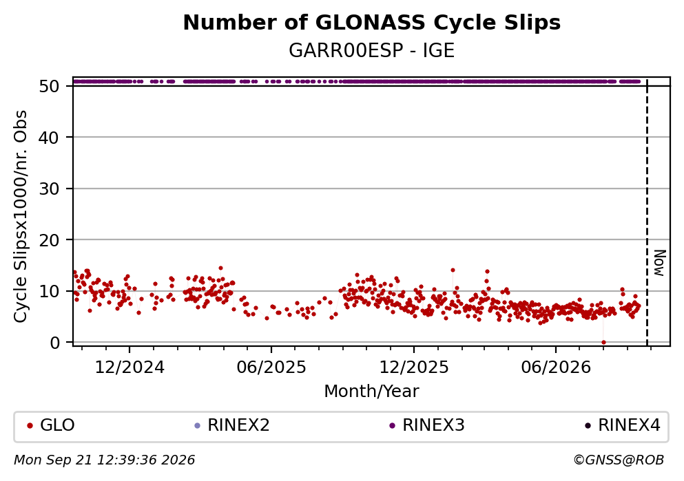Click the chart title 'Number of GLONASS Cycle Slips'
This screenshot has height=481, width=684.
pyautogui.click(x=372, y=23)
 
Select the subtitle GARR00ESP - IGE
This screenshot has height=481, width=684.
pyautogui.click(x=372, y=50)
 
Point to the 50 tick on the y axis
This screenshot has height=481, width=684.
pyautogui.click(x=49, y=86)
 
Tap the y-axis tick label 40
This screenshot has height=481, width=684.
pyautogui.click(x=49, y=138)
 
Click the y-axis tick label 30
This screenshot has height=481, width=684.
pyautogui.click(x=49, y=189)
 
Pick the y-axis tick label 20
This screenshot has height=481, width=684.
pyautogui.click(x=49, y=240)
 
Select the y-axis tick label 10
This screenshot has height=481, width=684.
pyautogui.click(x=49, y=292)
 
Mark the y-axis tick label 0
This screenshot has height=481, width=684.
pyautogui.click(x=54, y=343)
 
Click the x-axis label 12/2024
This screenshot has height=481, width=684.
pyautogui.click(x=129, y=367)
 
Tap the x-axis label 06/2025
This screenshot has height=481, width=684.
pyautogui.click(x=271, y=367)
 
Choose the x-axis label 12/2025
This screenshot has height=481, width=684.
pyautogui.click(x=413, y=367)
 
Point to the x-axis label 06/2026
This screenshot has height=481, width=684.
pyautogui.click(x=556, y=367)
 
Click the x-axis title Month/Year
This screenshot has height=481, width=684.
pyautogui.click(x=372, y=392)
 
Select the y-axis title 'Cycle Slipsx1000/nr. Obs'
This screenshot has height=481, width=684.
pyautogui.click(x=21, y=217)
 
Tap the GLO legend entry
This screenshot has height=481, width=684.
pyautogui.click(x=51, y=425)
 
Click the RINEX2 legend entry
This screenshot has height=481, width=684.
pyautogui.click(x=232, y=425)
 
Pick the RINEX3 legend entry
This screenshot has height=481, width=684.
pyautogui.click(x=427, y=425)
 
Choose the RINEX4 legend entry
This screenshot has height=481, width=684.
pyautogui.click(x=623, y=425)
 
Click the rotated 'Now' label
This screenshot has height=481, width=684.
pyautogui.click(x=660, y=263)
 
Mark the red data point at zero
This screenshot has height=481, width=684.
pyautogui.click(x=603, y=343)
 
